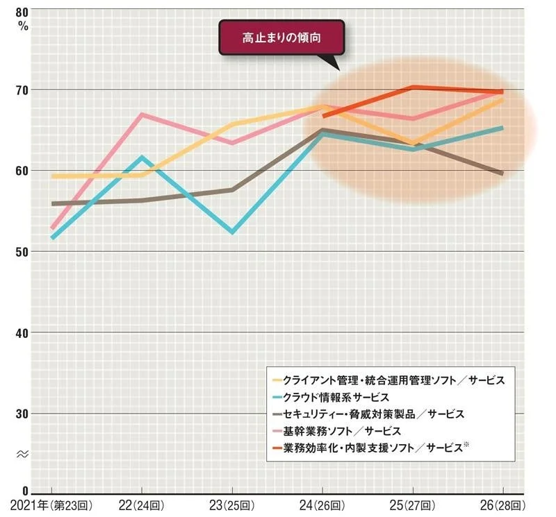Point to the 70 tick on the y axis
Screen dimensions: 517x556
22,90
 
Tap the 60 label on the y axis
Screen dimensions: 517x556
22,171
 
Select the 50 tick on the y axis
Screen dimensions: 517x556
22,252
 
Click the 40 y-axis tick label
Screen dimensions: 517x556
22,333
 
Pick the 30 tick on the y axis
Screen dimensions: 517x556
22,414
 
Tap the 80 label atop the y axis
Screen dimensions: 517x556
22,12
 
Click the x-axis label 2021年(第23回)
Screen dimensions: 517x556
51,506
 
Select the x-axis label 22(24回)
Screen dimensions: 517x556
142,506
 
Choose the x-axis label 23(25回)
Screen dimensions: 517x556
232,506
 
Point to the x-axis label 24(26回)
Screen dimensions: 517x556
322,506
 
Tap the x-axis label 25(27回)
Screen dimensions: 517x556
413,506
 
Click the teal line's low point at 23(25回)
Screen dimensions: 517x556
232,232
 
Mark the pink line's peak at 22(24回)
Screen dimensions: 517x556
142,114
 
